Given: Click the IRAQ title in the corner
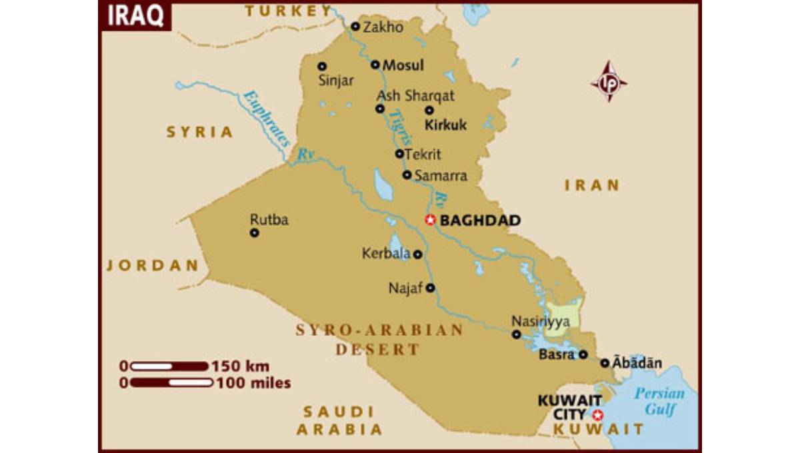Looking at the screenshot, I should point(135,16).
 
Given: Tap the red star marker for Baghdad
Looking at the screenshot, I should point(430,220).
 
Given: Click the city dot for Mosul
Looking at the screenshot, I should point(375,65).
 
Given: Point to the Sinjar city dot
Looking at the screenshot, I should point(322,66).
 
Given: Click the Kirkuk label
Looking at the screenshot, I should point(446,125).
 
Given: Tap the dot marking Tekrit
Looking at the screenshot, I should point(399,154).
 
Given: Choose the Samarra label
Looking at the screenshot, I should point(441,176).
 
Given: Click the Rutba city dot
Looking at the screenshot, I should point(254,232).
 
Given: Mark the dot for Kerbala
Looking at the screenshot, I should point(417,254).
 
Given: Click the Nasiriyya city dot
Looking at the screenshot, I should point(516,334).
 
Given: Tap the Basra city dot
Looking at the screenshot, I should point(583,355).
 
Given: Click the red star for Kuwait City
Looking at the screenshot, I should point(598,415).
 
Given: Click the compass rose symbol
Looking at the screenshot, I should point(608,82).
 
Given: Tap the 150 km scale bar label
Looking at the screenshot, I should point(241,366).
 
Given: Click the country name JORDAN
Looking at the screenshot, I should point(153,266).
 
